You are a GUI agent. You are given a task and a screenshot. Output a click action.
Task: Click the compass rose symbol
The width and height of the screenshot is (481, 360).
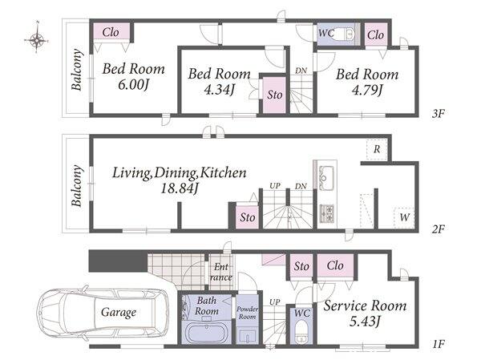coord(37,39)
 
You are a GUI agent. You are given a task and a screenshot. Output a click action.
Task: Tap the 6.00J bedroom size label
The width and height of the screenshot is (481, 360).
coord(133,85)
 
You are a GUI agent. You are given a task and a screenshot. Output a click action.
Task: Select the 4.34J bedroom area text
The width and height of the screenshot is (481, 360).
coord(220,90)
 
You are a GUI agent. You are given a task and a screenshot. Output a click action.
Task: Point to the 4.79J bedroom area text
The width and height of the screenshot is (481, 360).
coord(367,90)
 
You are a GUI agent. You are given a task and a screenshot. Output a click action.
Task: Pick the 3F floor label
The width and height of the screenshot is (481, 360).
coord(438,114)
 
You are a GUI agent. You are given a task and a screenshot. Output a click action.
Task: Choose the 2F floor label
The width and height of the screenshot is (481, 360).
coord(438,229)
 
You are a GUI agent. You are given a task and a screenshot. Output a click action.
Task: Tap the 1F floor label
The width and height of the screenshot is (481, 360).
coord(439,344)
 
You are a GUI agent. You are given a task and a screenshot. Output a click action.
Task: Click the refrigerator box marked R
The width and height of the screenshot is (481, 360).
coord(377,149)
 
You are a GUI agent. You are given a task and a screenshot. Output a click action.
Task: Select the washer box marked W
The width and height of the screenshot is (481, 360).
coord(404,217)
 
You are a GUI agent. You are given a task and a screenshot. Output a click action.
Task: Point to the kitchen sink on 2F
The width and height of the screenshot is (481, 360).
coord(326,178)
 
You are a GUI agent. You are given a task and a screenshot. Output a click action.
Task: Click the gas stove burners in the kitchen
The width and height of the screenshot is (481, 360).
coord(327,213)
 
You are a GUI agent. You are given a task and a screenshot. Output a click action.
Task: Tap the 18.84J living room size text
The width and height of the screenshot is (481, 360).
coord(180,188)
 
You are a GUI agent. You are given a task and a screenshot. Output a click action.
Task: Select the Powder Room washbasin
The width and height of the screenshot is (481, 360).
coord(247,337)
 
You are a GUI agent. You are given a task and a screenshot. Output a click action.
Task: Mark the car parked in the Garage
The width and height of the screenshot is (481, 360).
coord(103,313)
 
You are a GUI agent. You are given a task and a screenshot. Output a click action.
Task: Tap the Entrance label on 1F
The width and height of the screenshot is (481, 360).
coord(221,273)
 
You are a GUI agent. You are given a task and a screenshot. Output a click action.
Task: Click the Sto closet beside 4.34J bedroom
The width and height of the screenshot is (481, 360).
coord(274,95)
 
